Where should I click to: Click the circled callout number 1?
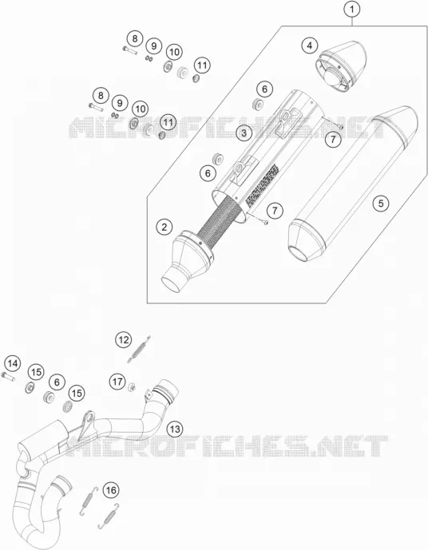coord(352,10)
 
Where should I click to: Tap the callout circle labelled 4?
coord(310,46)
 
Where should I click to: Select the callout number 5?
coord(381,203)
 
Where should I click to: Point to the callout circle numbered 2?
coord(164,227)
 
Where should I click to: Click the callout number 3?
coord(244,133)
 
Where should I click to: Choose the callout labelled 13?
coord(175,429)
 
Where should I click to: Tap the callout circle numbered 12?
coord(124,339)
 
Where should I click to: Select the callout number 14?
coord(12,363)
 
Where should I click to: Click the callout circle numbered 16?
coord(111,489)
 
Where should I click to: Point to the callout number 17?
coord(117,381)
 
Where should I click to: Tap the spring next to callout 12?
coord(139,349)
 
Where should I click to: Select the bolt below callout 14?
coord(8,377)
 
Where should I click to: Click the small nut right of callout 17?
coord(133,387)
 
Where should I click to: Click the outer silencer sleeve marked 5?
coord(353,182)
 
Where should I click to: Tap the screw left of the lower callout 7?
coord(265,222)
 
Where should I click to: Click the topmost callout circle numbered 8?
coord(135,38)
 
